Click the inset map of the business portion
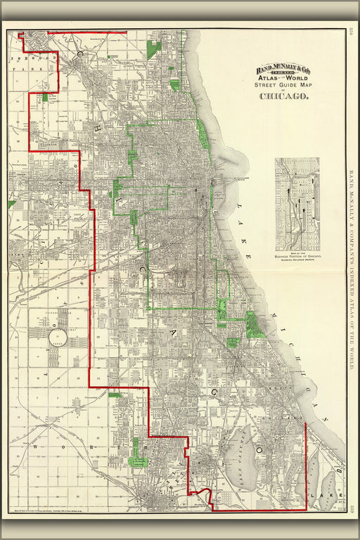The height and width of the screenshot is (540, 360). pyautogui.click(x=297, y=205)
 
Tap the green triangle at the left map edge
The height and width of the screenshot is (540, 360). pyautogui.click(x=11, y=204)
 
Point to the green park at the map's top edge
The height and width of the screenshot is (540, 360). pyautogui.click(x=153, y=49)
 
